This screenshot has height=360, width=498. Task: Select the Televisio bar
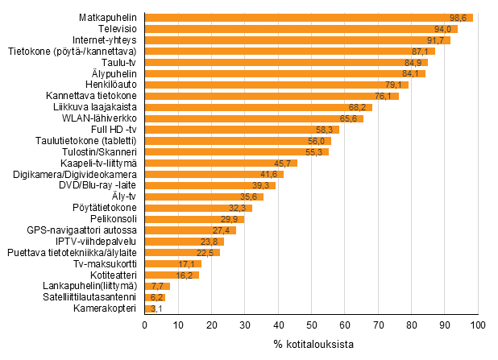[x=300, y=28]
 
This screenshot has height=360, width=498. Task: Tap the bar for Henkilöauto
[x=276, y=85]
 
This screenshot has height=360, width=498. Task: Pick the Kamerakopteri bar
[x=150, y=308]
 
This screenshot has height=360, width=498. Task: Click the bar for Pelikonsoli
[x=193, y=219]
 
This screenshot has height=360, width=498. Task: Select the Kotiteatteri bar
[x=171, y=275]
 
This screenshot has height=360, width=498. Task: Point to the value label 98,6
[x=459, y=17]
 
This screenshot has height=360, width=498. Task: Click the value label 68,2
[x=359, y=107]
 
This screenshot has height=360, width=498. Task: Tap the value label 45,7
[x=284, y=163]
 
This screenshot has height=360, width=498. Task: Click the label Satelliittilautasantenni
[x=88, y=297]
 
